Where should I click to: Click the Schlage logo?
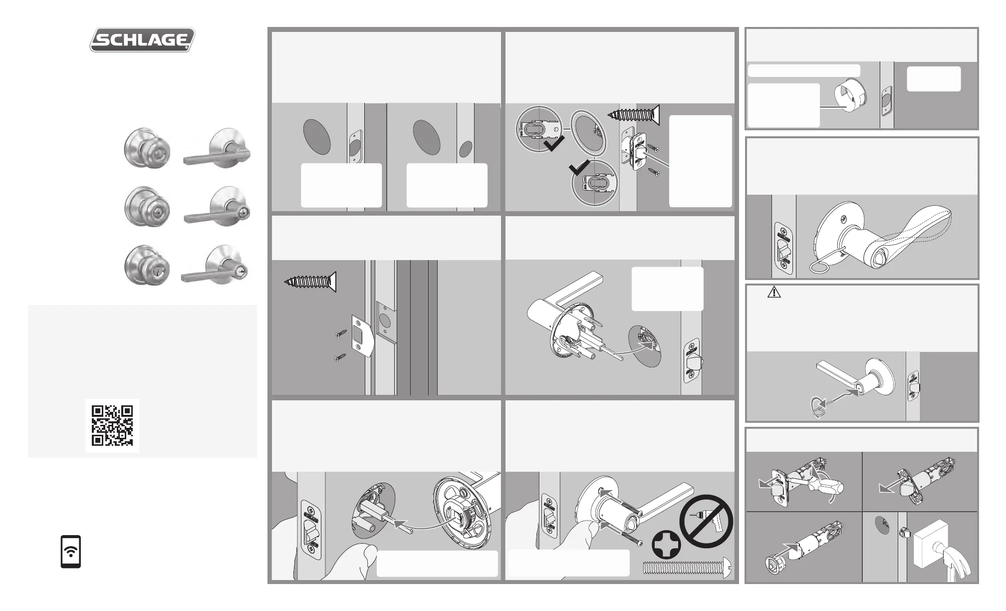tap(142, 39)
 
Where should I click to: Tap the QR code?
tap(112, 425)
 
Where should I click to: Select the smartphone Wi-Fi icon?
tap(71, 552)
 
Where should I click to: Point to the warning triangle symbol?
tap(774, 292)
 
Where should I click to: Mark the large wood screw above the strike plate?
tap(310, 282)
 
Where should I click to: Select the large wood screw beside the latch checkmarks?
tap(634, 116)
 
